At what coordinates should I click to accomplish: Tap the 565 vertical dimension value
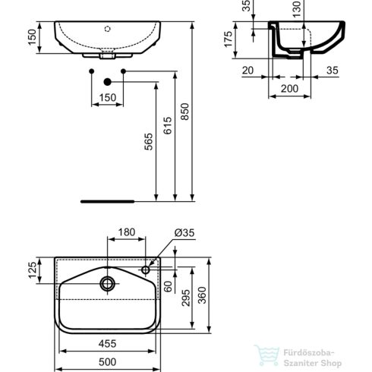[x=149, y=143]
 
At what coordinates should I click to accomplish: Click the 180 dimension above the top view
[x=126, y=232]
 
